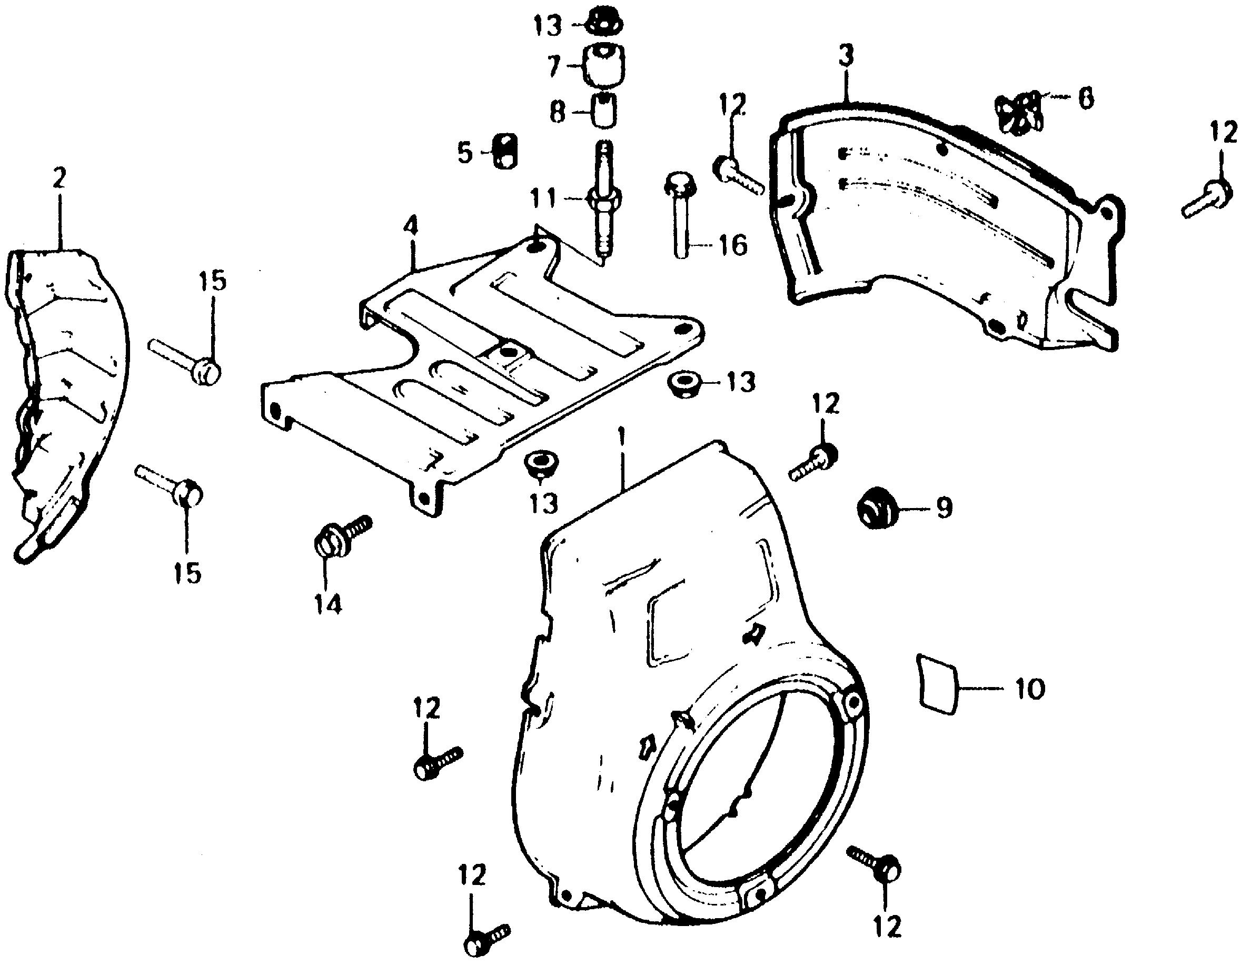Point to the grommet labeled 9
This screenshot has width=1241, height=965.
(x=876, y=506)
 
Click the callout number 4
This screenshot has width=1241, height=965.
(x=410, y=227)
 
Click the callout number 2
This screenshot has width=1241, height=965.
(x=59, y=177)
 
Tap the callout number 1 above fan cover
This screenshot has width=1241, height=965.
(x=622, y=441)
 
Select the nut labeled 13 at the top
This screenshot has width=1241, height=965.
(x=604, y=23)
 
